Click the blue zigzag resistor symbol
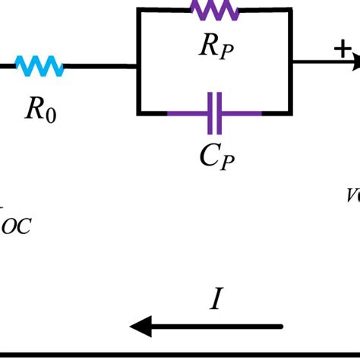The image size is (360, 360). tap(39, 67)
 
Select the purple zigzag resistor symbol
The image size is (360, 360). tap(215, 10)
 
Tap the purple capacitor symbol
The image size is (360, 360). tap(215, 113)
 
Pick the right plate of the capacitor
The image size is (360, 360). tap(220, 113)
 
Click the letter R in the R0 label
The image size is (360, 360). tap(34, 109)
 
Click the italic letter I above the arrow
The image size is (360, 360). tap(216, 301)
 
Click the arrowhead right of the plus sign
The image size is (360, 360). tap(355, 66)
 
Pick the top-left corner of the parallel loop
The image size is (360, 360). tap(138, 11)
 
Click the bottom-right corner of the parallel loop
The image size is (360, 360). tap(291, 113)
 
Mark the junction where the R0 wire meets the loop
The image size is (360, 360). tap(138, 67)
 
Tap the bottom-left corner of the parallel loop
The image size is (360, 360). tap(138, 113)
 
